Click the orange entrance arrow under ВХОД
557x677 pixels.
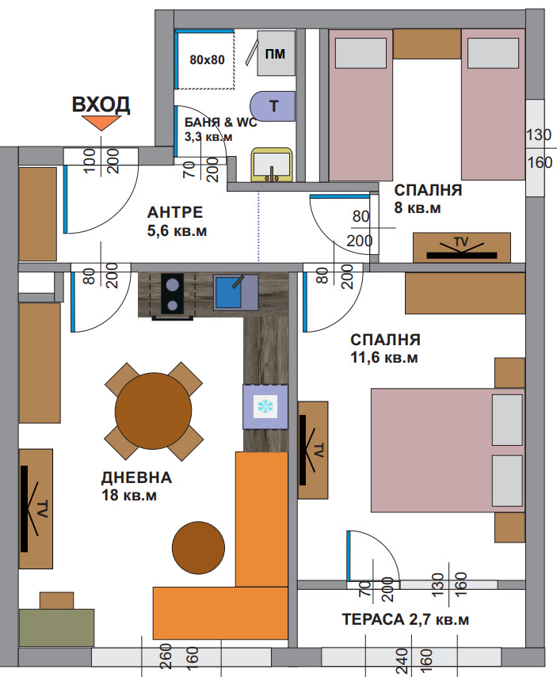101,123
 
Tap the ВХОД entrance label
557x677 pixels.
101,105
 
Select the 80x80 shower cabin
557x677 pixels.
205,59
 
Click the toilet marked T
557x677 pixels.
273,106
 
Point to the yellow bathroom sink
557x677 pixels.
272,165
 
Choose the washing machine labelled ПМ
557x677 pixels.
277,53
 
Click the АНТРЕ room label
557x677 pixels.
175,212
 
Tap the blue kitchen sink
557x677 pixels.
235,292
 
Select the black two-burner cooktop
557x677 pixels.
172,294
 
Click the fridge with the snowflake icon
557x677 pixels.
265,407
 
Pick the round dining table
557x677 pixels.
154,411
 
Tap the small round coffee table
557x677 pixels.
198,547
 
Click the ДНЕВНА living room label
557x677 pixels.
136,477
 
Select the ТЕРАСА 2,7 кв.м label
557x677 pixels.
406,619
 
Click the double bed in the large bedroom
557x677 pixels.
448,450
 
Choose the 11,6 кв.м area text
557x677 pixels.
384,358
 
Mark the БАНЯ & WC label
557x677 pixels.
220,122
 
